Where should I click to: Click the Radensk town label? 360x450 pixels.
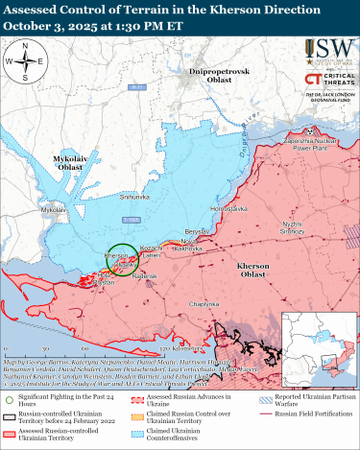[144, 274]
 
